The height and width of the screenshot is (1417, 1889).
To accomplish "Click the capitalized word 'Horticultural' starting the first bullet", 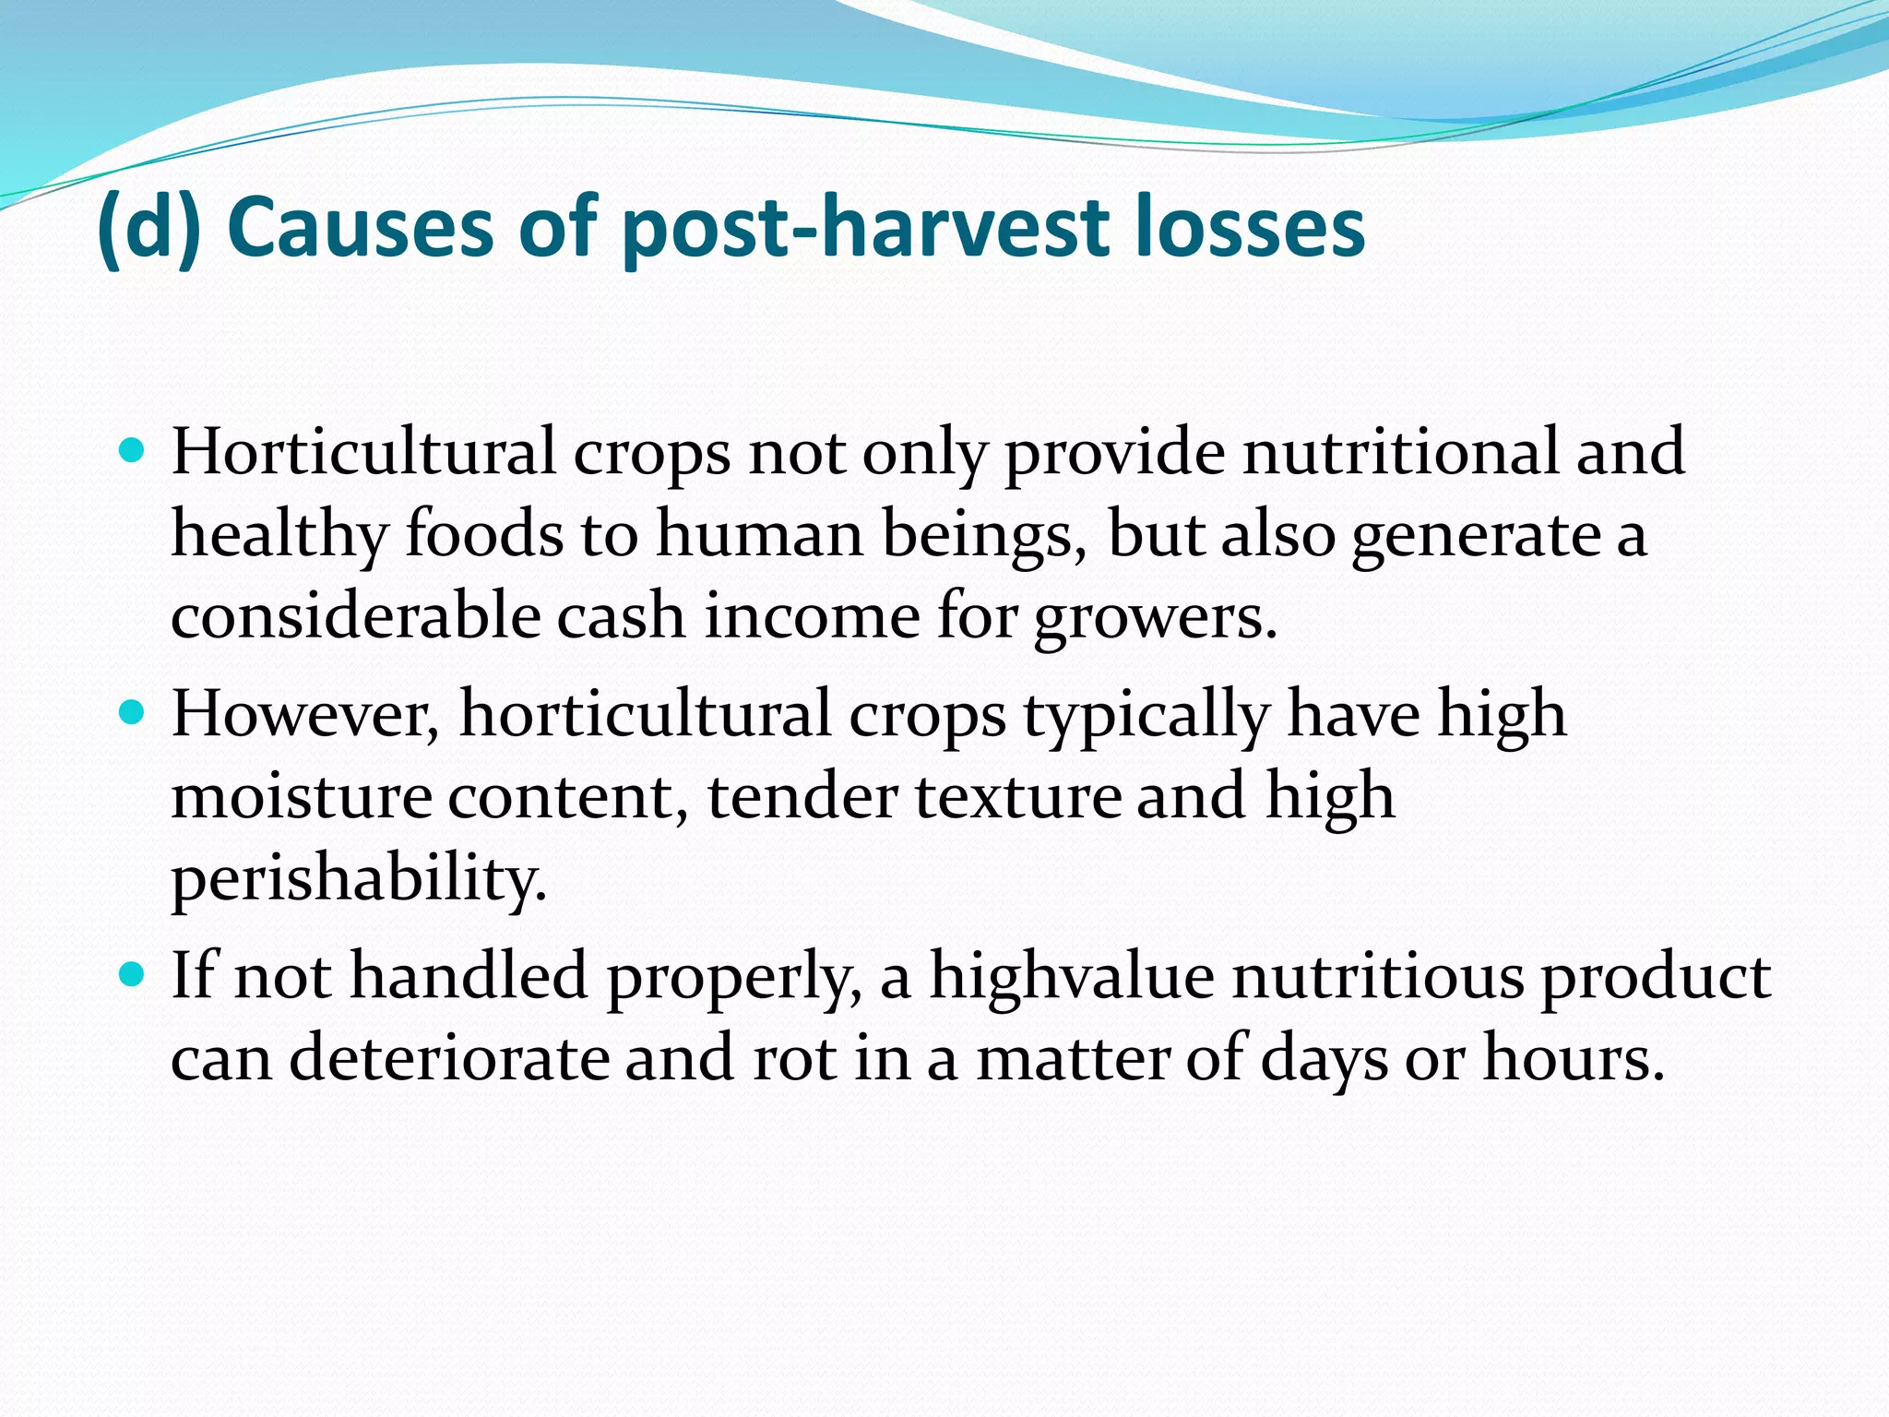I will [x=363, y=452].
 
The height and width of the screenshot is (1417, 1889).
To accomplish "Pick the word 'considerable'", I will [x=355, y=616].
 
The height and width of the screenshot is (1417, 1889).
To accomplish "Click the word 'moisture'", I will [x=302, y=795].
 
